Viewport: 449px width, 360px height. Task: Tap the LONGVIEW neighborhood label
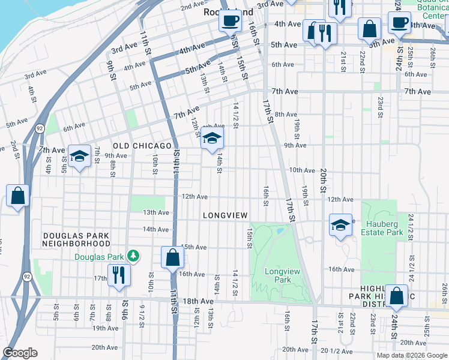[225, 215]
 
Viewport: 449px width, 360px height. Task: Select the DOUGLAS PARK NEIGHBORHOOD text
[76, 239]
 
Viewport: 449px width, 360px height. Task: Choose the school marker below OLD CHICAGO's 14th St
[211, 138]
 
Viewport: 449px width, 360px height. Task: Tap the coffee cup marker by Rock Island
[230, 21]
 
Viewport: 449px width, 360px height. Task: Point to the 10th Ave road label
[302, 170]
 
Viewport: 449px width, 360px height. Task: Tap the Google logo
[20, 353]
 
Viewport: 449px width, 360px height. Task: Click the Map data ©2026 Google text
[411, 355]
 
